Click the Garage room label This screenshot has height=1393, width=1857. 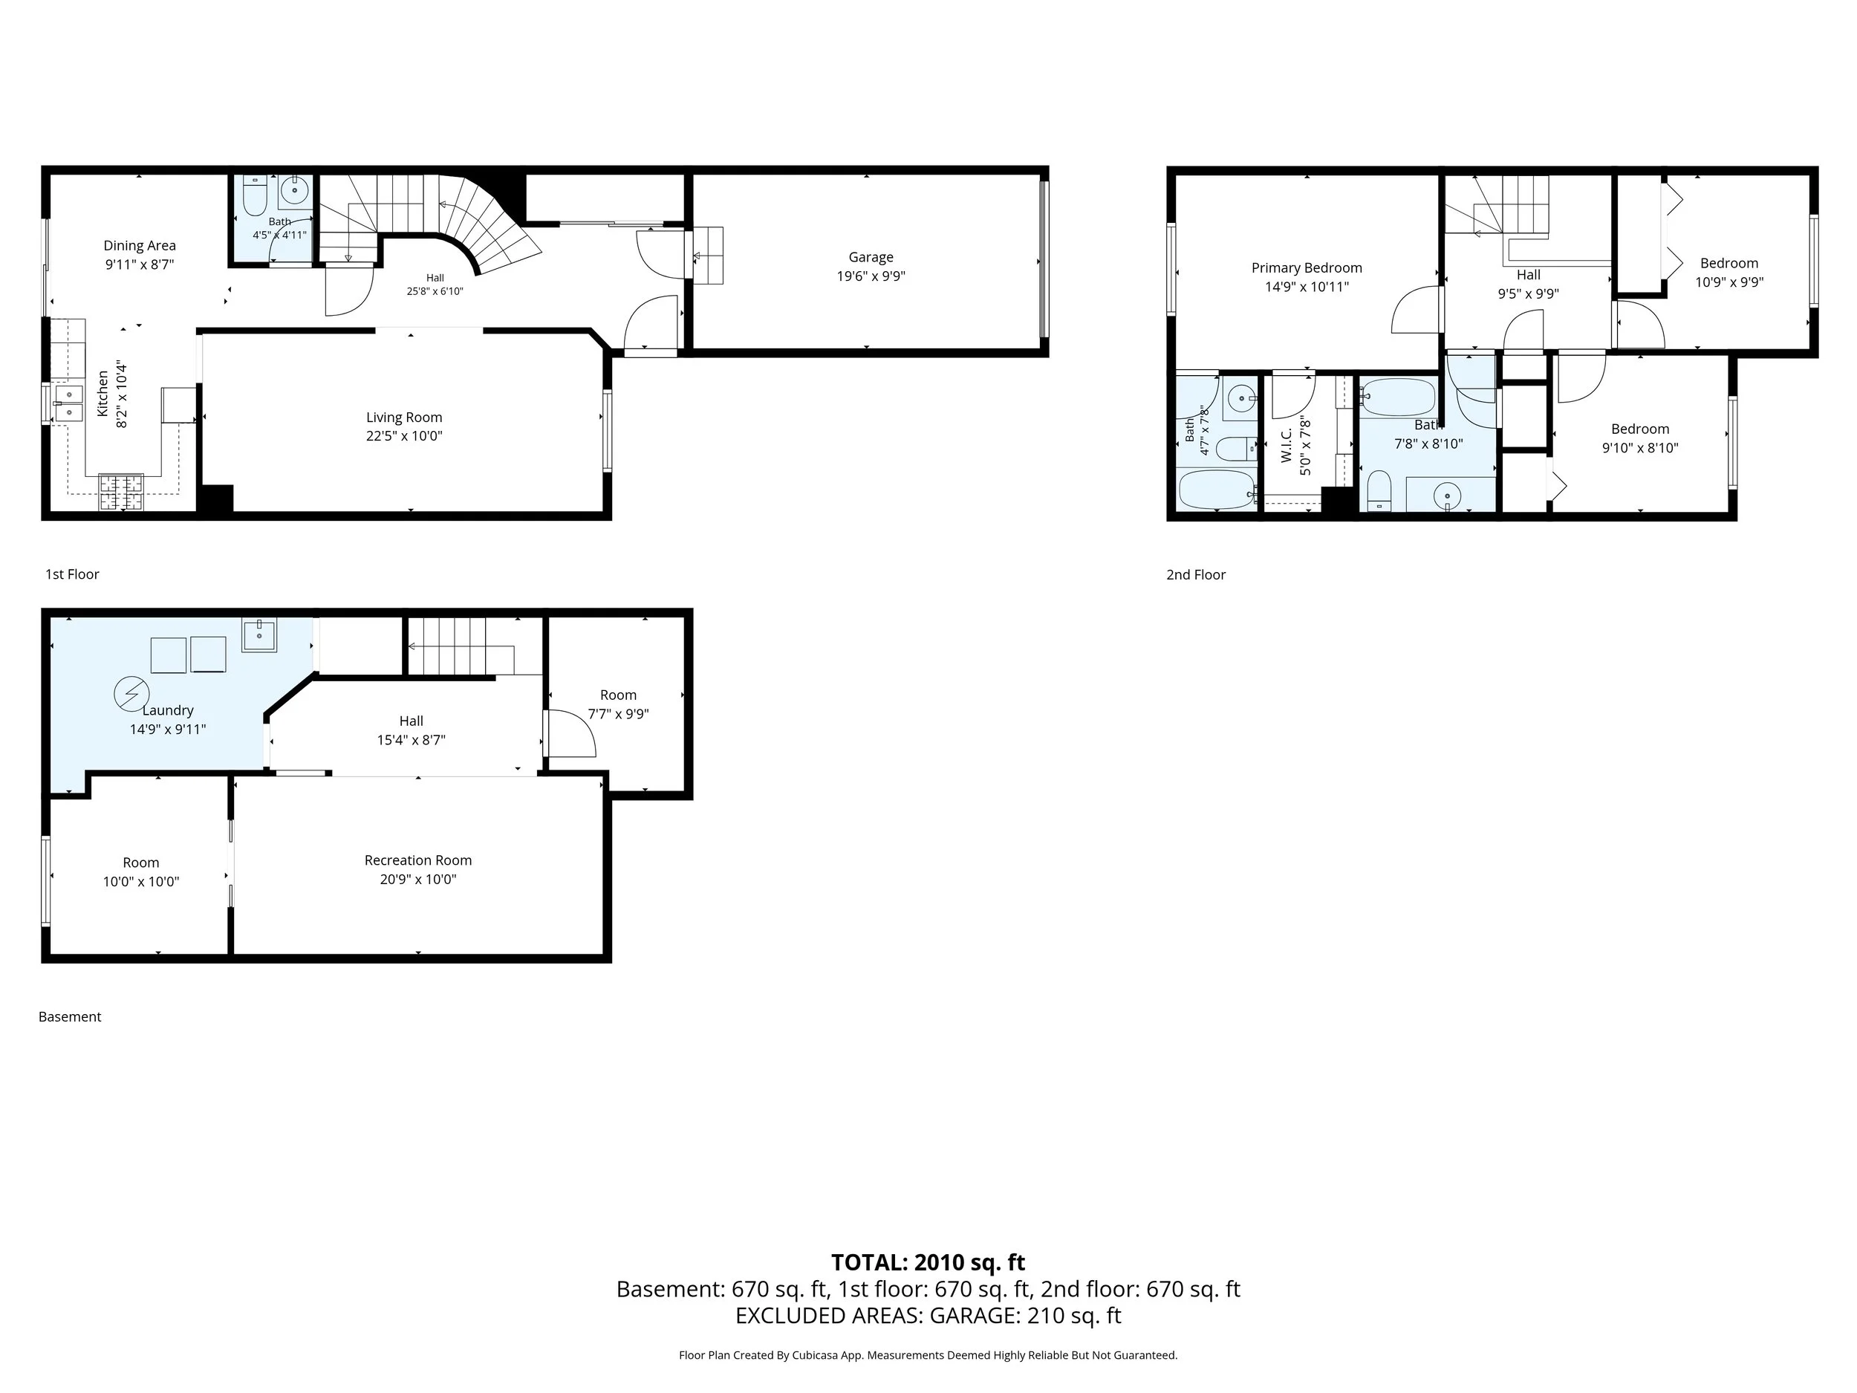(x=871, y=257)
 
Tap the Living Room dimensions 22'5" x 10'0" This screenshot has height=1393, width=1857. (x=404, y=436)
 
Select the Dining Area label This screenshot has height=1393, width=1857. (x=140, y=245)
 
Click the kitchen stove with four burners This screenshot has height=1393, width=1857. (x=122, y=493)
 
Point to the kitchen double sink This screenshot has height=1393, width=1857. (x=68, y=403)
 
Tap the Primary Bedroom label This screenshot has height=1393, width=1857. (x=1307, y=268)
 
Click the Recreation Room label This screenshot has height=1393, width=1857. (x=418, y=860)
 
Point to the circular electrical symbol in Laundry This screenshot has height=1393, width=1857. (x=131, y=694)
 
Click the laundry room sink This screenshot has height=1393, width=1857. (x=259, y=636)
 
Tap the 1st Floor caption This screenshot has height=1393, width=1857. (x=72, y=574)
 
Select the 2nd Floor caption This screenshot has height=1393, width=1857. (x=1195, y=574)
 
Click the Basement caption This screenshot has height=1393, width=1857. (x=70, y=1017)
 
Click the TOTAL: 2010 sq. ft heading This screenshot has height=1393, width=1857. (x=928, y=1263)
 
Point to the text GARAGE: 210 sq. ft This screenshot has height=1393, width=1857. (x=1025, y=1316)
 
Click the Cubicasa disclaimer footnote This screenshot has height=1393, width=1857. (x=928, y=1355)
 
